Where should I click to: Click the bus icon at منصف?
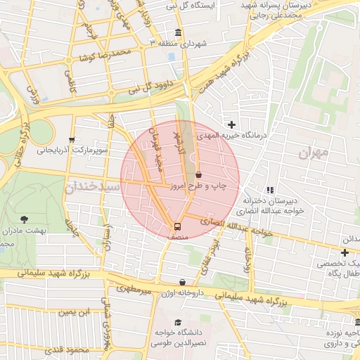pos(177,226)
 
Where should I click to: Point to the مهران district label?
pos(314,153)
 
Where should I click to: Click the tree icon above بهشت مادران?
pos(25,219)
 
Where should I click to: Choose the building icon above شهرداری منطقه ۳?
pos(176,33)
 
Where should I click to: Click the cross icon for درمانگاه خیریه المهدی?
pos(231,124)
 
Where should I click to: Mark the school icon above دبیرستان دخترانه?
pos(269,189)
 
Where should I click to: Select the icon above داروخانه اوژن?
pos(183,282)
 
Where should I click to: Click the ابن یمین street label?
pos(74,311)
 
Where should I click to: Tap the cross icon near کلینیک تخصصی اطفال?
pos(345,252)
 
